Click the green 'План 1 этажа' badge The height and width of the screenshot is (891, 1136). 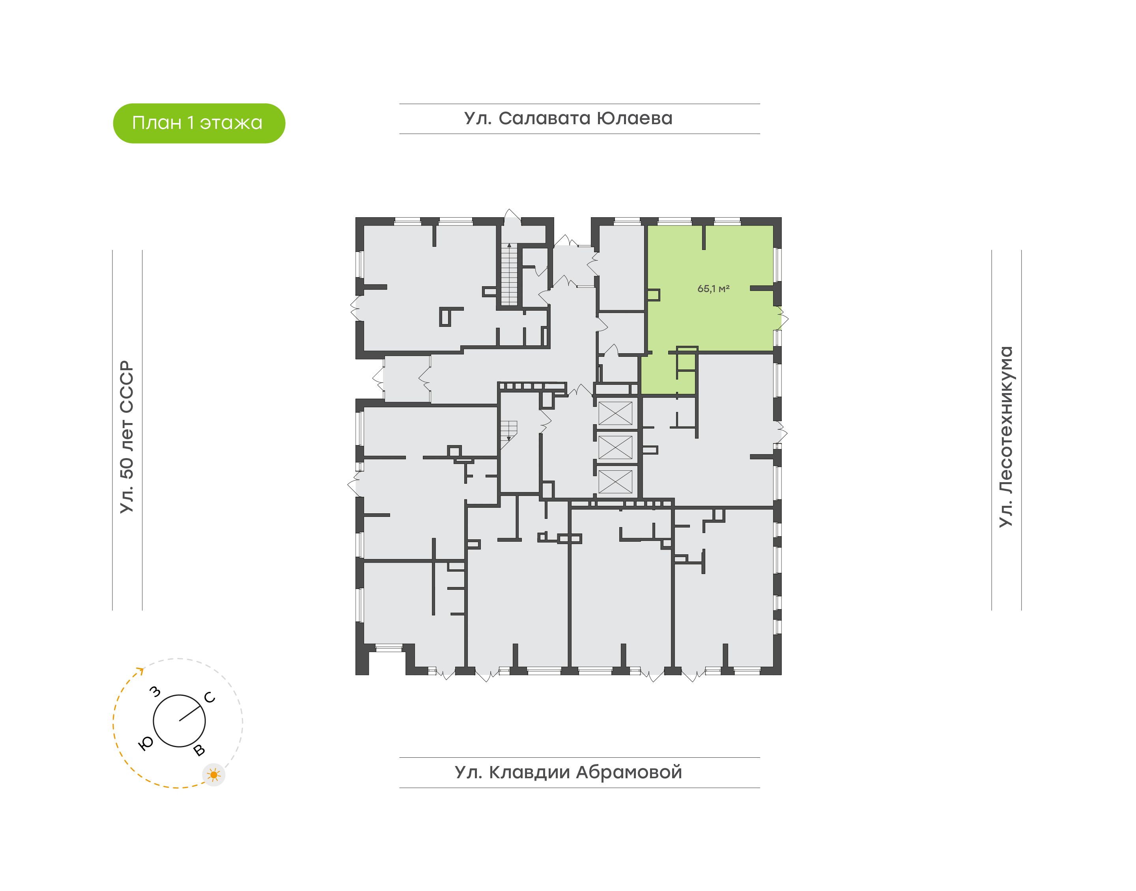pos(199,123)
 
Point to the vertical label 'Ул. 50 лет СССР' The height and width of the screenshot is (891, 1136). pos(127,437)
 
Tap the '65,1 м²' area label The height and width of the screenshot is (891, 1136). pos(713,289)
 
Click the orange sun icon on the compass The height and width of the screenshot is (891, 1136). pos(213,775)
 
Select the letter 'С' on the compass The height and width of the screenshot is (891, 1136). pos(210,697)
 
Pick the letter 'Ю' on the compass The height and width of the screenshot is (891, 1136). pos(146,744)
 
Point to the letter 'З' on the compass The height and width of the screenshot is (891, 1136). pos(155,692)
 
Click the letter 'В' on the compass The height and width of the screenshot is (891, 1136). pos(199,750)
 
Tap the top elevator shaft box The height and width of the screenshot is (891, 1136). pos(615,413)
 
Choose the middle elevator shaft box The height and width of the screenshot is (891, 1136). pos(615,447)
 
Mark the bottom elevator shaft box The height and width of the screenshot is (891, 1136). pos(615,481)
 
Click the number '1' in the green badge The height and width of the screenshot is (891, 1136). pos(191,123)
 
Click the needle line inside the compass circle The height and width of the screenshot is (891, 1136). pos(191,714)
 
